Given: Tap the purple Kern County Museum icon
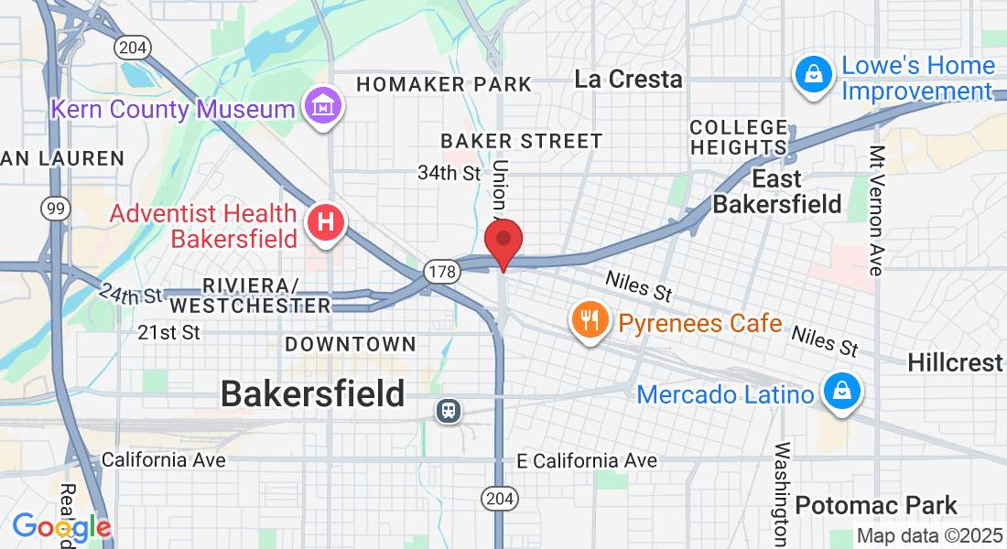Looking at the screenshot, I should tap(324, 109).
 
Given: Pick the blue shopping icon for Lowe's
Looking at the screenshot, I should tap(813, 76).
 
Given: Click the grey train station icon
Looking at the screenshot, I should tap(449, 411).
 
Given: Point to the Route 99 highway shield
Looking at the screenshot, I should tap(56, 209).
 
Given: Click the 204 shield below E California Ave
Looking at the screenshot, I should tap(499, 499).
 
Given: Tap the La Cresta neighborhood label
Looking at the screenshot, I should tap(629, 80).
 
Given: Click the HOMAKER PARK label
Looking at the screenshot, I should tap(444, 85).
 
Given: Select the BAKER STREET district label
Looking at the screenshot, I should tap(521, 141).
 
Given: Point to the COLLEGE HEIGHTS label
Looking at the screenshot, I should tap(739, 137).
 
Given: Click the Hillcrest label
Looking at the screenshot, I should tap(955, 362).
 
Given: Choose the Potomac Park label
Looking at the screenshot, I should tap(876, 505).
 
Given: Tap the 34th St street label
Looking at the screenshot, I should tap(449, 172).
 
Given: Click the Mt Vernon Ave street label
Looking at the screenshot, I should tap(876, 210).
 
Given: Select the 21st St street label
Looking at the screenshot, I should tap(168, 333).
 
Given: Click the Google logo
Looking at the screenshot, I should tap(61, 528).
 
